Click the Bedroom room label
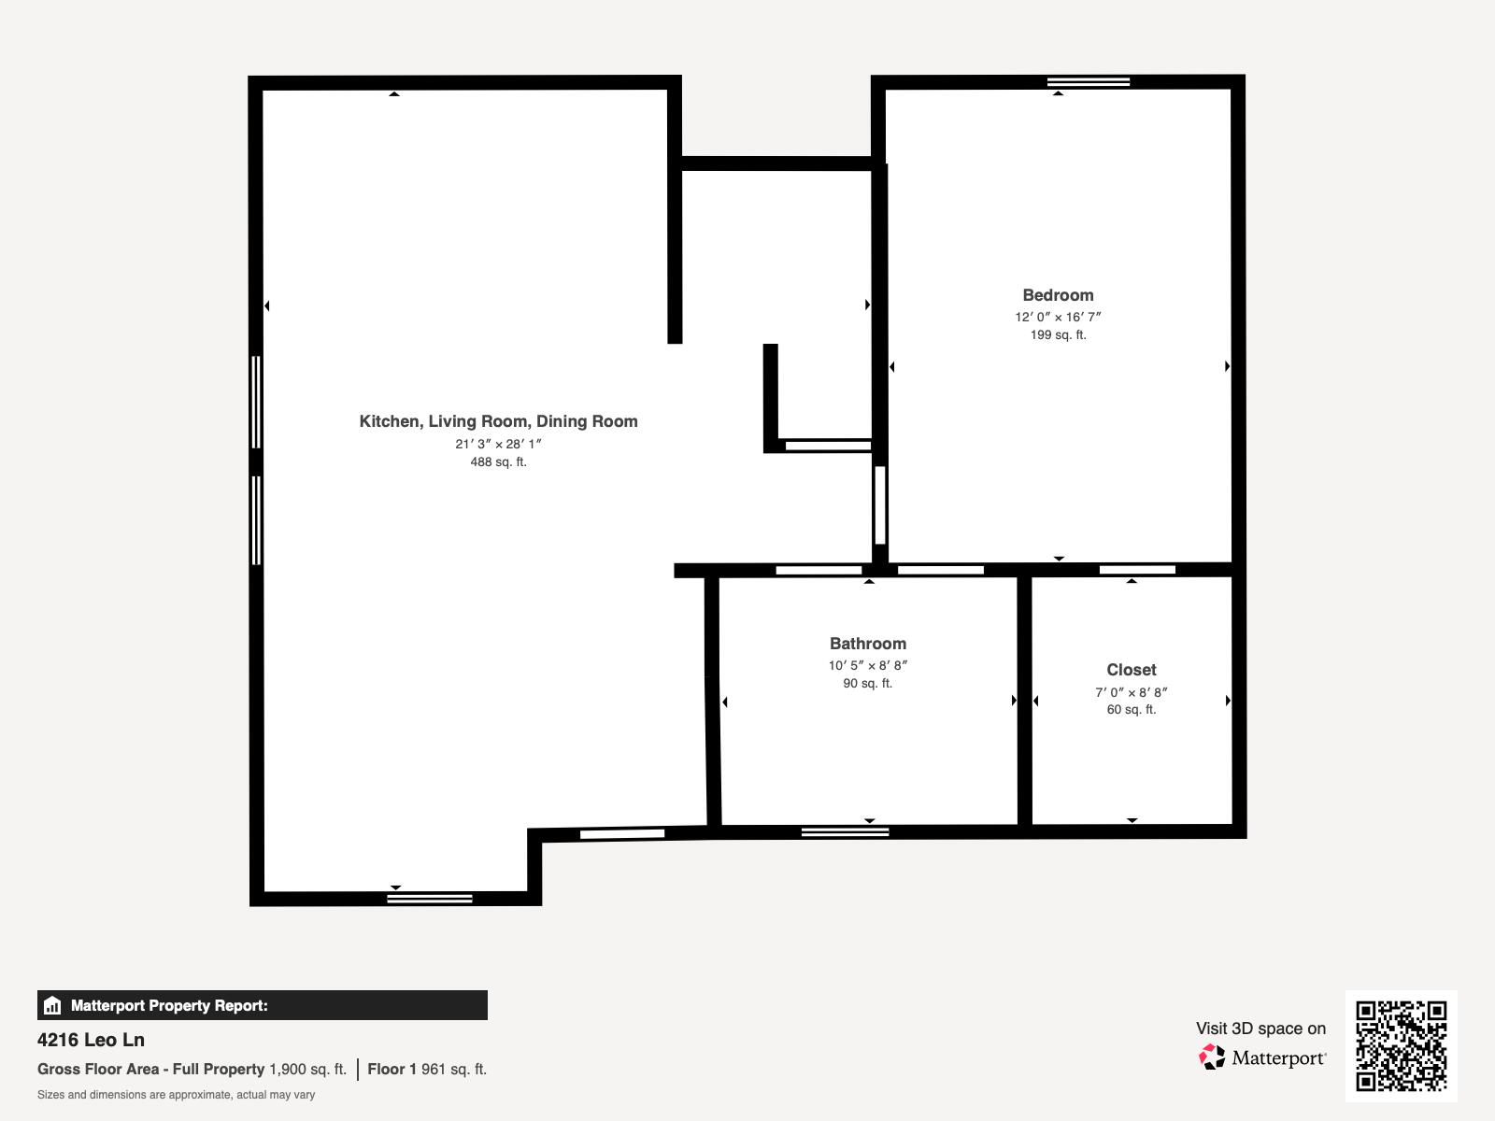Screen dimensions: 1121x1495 pos(1058,295)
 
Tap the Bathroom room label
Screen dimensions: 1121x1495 pos(868,644)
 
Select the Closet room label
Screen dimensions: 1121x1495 pos(1132,670)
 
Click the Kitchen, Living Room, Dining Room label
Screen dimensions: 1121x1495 pos(498,421)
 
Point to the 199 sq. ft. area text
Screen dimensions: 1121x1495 pos(1058,334)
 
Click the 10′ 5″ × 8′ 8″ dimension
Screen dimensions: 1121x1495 pos(868,666)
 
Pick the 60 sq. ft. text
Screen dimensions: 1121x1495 pos(1132,710)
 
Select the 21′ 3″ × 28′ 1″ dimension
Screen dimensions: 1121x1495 pos(498,444)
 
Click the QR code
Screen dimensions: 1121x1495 pos(1401,1045)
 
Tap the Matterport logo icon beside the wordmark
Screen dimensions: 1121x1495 pos(1212,1057)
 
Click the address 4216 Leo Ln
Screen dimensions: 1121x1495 pos(91,1040)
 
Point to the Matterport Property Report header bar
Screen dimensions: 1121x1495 pos(262,1005)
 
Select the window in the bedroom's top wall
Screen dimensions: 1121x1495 pos(1089,82)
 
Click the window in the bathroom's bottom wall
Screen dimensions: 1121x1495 pos(845,831)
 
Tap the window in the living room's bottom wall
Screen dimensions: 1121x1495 pos(430,899)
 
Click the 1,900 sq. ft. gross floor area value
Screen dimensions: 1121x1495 pos(307,1070)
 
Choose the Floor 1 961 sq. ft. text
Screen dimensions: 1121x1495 pos(427,1070)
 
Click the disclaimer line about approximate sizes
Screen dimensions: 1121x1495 pos(176,1095)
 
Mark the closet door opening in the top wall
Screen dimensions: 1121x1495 pos(1137,570)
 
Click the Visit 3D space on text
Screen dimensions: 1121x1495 pos(1260,1029)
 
